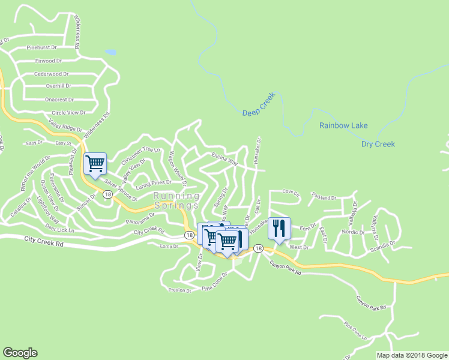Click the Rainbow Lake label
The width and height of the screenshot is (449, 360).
[x=343, y=125]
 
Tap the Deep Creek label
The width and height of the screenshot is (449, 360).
[x=259, y=104]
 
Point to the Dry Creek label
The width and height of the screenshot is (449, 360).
[x=378, y=144]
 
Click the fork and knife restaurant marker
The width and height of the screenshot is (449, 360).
[x=279, y=228]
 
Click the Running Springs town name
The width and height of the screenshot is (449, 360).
[x=176, y=200]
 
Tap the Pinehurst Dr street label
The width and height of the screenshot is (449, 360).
[x=41, y=47]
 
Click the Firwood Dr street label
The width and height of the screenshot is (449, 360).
[x=49, y=61]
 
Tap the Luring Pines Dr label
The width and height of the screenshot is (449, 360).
[x=153, y=183]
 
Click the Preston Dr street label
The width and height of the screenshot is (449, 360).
[x=179, y=290]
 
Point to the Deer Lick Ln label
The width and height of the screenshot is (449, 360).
[x=59, y=228]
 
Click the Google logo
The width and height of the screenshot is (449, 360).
[x=20, y=353]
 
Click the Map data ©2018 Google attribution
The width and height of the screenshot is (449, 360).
[x=412, y=355]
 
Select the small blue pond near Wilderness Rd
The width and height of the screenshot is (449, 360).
[x=110, y=52]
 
